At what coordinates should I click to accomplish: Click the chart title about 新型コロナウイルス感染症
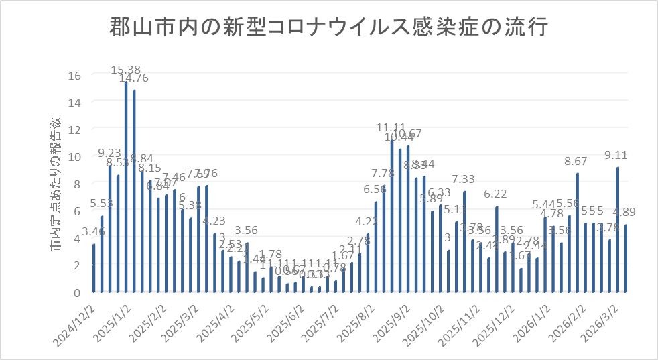[328, 29]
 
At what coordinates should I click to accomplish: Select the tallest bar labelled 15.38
[126, 188]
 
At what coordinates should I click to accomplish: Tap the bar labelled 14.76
[134, 192]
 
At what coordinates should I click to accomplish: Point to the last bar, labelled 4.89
[626, 259]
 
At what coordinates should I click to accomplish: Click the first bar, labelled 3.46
[94, 268]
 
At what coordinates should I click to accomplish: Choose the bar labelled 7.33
[464, 242]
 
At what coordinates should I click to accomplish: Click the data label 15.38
[126, 69]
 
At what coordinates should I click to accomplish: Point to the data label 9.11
[617, 155]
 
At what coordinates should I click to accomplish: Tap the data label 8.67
[577, 161]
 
